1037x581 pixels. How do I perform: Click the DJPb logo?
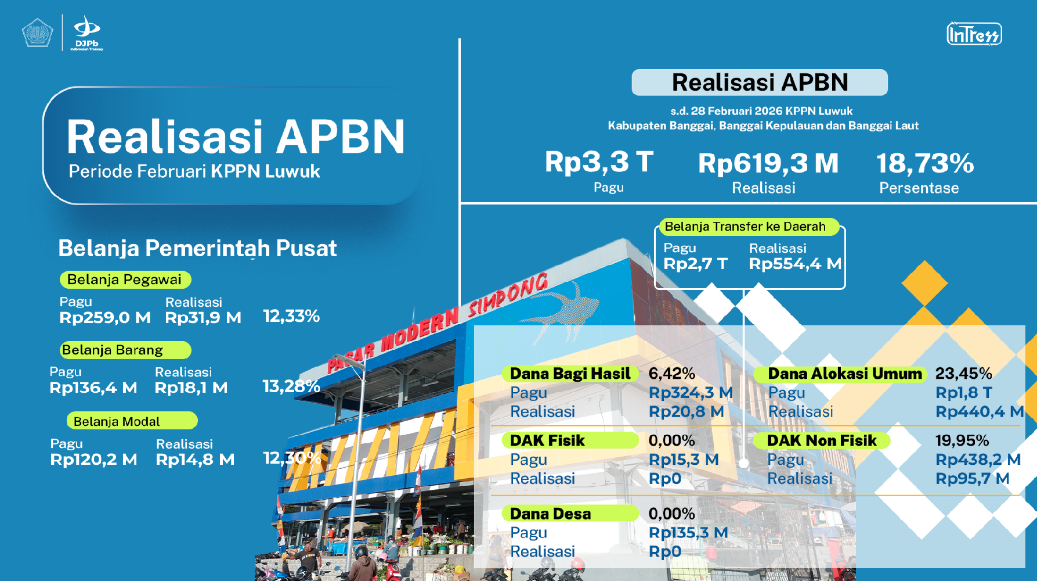coord(87,34)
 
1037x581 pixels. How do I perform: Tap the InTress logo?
coord(974,34)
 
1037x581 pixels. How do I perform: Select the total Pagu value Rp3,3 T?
coord(599,162)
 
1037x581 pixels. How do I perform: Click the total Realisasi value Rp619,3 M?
coord(768,163)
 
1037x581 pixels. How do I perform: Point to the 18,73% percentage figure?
coord(925,163)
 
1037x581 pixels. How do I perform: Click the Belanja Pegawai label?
coord(125,279)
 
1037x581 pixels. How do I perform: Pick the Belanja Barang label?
coord(125,350)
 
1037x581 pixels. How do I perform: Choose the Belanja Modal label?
coord(132,421)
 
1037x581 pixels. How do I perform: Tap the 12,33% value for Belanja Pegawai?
coord(291,316)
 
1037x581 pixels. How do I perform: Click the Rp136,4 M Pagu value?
coord(93,388)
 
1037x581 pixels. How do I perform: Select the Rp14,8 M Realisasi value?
coord(195,460)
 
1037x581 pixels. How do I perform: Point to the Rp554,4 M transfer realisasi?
coord(795,264)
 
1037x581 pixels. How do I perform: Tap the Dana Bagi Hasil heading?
coord(570,374)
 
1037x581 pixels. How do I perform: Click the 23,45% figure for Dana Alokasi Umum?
coord(963,374)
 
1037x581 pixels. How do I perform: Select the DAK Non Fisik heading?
coord(822,440)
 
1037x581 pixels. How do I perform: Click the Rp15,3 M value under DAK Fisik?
coord(684,460)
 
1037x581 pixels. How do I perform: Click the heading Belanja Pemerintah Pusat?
coord(197,249)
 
